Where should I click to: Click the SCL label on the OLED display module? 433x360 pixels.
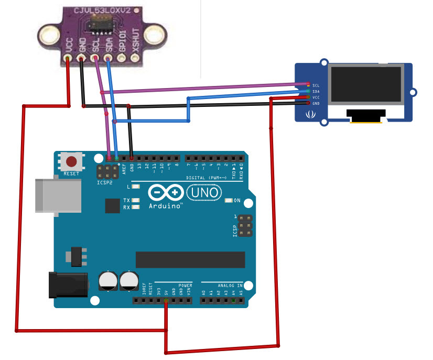click(316, 85)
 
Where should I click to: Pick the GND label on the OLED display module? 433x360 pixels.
click(316, 103)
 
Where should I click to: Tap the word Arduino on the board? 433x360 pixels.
click(165, 206)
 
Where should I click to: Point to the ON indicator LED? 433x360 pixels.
click(229, 201)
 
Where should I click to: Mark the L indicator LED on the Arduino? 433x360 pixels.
click(136, 187)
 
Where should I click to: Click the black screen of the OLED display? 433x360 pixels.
click(366, 84)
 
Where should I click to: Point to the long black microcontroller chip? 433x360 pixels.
click(190, 259)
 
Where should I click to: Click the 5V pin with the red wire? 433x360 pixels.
click(166, 301)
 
